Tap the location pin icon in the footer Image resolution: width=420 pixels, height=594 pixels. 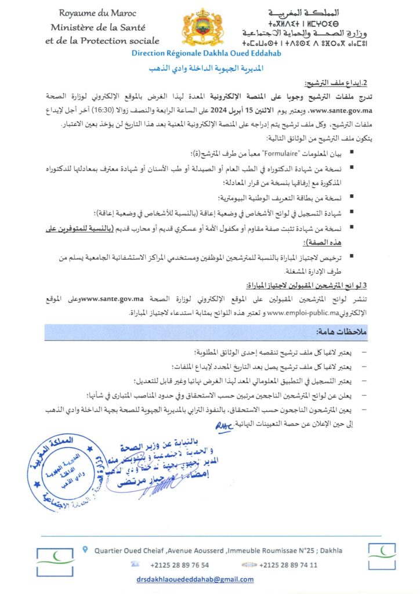click(x=86, y=548)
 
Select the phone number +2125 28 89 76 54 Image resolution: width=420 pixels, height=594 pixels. click(x=179, y=564)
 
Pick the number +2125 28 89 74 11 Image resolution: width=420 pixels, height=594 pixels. click(x=288, y=564)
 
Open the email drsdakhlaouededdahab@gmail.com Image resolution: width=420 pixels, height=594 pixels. click(x=195, y=579)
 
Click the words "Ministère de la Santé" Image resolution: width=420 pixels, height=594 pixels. click(x=97, y=27)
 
